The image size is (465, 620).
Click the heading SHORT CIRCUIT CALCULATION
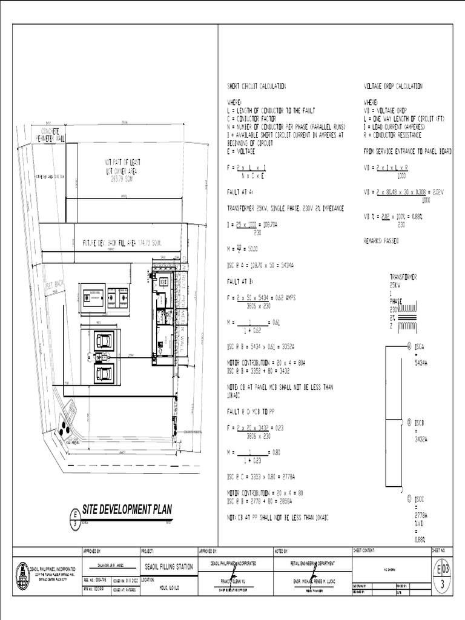pyautogui.click(x=256, y=87)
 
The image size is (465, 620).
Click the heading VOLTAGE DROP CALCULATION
pyautogui.click(x=393, y=87)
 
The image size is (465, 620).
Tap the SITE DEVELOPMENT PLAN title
pyautogui.click(x=127, y=510)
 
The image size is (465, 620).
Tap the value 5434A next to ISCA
pyautogui.click(x=421, y=362)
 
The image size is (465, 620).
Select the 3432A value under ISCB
pyautogui.click(x=421, y=440)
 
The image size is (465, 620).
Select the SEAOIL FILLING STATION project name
pyautogui.click(x=169, y=567)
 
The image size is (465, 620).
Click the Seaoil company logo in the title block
pyautogui.click(x=22, y=575)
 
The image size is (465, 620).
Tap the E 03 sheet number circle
pyautogui.click(x=443, y=570)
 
